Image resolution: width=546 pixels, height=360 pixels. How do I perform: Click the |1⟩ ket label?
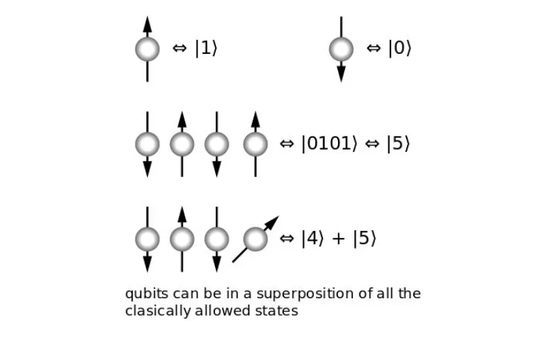(206, 49)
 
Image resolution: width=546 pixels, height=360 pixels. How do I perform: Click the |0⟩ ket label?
(400, 49)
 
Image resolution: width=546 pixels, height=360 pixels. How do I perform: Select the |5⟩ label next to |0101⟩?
(398, 143)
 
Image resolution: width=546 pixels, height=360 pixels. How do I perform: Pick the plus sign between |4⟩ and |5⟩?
(339, 239)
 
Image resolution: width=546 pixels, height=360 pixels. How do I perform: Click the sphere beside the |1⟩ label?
(148, 49)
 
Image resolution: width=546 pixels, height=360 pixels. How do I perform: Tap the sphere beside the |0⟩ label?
(341, 49)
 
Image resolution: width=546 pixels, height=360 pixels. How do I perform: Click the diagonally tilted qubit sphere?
(256, 239)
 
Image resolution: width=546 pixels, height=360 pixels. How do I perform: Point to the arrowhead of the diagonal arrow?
(273, 222)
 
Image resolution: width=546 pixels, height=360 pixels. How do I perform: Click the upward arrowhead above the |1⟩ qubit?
(148, 23)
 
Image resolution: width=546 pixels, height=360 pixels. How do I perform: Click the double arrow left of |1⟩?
(180, 49)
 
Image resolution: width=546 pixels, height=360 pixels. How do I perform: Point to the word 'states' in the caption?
(276, 311)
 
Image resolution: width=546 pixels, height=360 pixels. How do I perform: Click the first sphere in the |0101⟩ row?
(148, 144)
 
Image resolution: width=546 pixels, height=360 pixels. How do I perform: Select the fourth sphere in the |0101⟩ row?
(256, 144)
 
